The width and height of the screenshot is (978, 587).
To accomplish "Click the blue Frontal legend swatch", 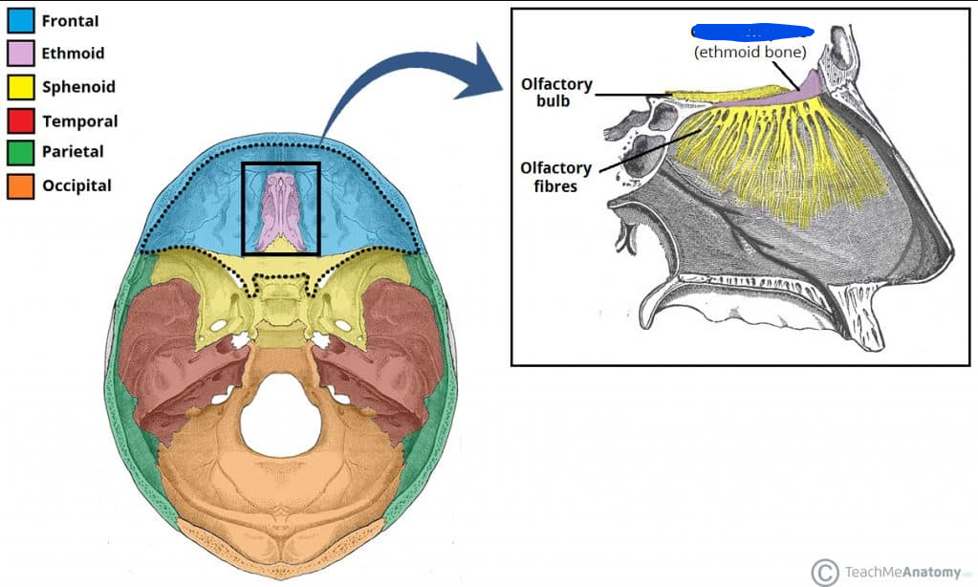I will [x=21, y=20].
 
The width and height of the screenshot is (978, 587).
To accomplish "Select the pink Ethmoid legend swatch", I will [x=21, y=54].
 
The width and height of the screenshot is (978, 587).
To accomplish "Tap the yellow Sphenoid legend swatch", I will [x=21, y=87].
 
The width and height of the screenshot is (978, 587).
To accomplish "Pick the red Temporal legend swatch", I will [x=21, y=120].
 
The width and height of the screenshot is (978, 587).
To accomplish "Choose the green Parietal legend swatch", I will [x=21, y=151].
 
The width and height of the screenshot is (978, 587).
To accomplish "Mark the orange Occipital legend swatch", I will [x=21, y=185].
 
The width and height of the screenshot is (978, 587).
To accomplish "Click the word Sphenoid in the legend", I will [x=78, y=87].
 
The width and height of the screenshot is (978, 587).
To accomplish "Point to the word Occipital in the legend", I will [x=76, y=185].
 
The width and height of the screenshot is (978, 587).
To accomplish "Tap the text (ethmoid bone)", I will [x=750, y=52].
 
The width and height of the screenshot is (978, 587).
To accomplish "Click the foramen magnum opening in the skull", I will [x=280, y=413].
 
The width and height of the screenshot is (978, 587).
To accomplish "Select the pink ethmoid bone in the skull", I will [x=280, y=210].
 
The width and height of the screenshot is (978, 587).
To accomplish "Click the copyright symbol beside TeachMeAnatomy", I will [x=824, y=572].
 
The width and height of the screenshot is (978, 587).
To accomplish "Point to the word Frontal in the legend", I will [x=70, y=20].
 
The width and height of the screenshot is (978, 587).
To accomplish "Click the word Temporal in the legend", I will [x=79, y=121].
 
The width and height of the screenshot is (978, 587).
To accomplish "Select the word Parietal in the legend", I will [x=73, y=151].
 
